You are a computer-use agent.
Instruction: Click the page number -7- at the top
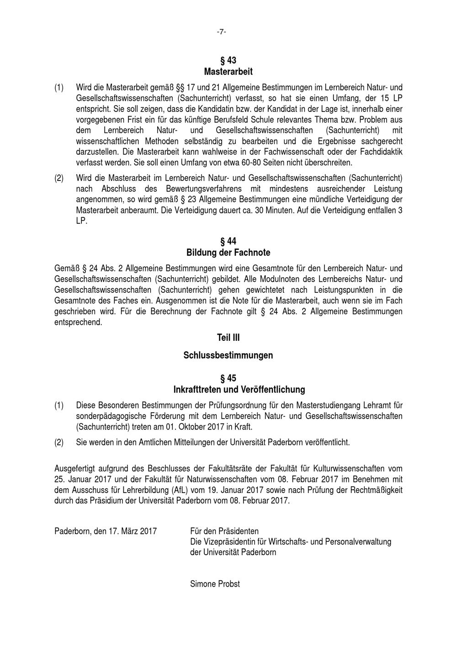[x=222, y=32]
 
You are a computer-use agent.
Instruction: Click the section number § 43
[x=228, y=60]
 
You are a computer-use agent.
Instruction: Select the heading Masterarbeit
[x=228, y=72]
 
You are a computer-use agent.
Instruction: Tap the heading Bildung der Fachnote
[x=228, y=253]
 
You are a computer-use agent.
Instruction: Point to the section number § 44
[x=228, y=241]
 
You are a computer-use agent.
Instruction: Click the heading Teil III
[x=228, y=338]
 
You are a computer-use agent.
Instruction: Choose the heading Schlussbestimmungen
[x=228, y=355]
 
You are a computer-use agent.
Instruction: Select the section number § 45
[x=228, y=378]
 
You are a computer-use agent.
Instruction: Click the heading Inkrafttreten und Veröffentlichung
[x=239, y=390]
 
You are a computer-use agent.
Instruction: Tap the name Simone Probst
[x=215, y=584]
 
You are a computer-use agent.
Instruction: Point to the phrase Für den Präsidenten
[x=224, y=531]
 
